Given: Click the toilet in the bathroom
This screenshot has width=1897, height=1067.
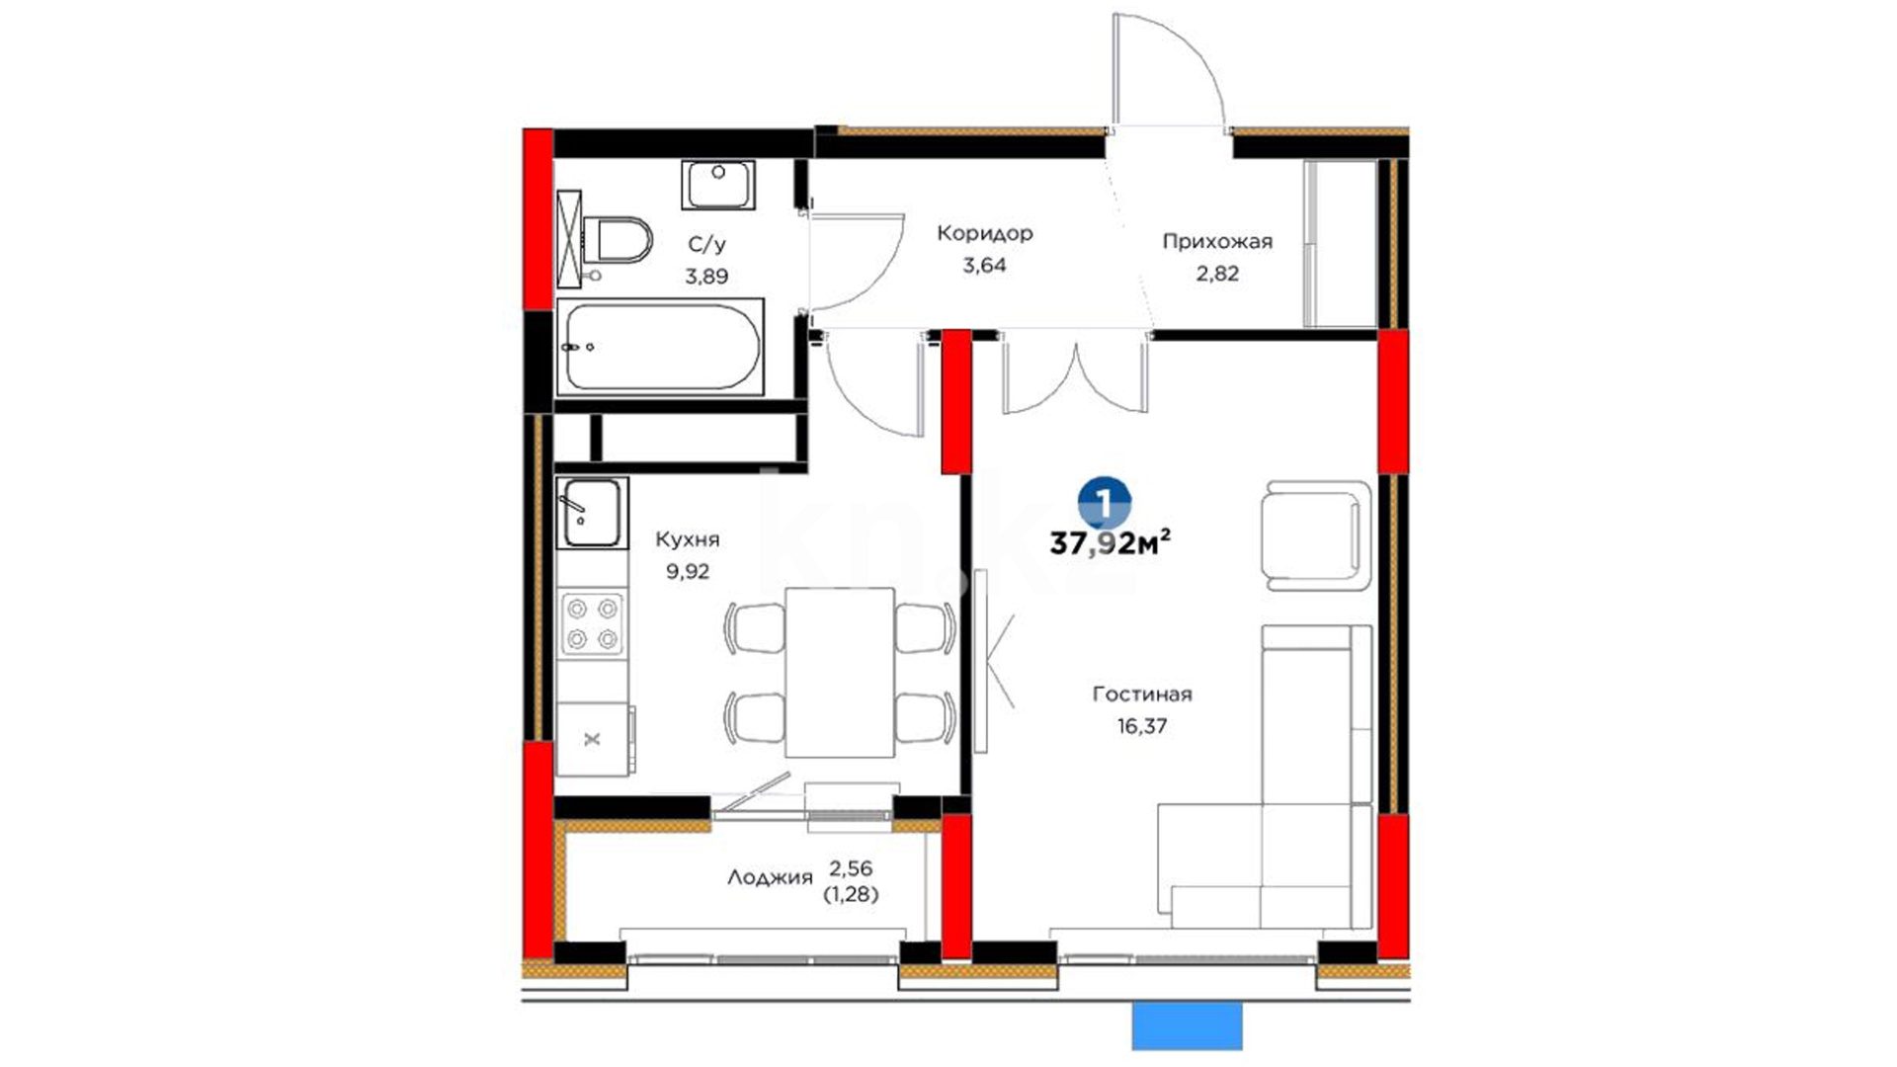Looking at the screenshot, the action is pyautogui.click(x=618, y=240).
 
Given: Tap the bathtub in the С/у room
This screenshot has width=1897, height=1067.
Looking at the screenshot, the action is pyautogui.click(x=660, y=347).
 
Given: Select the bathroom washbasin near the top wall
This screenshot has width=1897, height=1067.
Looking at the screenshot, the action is pyautogui.click(x=718, y=185).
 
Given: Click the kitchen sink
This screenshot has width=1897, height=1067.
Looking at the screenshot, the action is pyautogui.click(x=592, y=513).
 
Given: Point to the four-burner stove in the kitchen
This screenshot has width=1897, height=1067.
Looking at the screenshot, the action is pyautogui.click(x=592, y=623).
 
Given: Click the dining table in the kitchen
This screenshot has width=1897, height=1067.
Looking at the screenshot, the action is pyautogui.click(x=840, y=672).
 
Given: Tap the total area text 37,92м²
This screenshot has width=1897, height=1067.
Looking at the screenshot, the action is pyautogui.click(x=1111, y=542).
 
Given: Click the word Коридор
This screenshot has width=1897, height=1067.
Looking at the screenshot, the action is pyautogui.click(x=985, y=233).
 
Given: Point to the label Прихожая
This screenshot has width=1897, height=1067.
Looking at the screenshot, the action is pyautogui.click(x=1217, y=241).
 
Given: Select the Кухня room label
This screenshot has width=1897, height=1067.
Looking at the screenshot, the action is pyautogui.click(x=688, y=539).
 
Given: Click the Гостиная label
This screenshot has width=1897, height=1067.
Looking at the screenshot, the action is pyautogui.click(x=1142, y=694).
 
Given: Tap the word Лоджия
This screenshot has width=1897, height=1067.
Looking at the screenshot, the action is pyautogui.click(x=770, y=877).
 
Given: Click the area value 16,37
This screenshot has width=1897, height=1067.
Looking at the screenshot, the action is pyautogui.click(x=1142, y=726).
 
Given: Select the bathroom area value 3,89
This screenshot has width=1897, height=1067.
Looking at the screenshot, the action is pyautogui.click(x=706, y=277).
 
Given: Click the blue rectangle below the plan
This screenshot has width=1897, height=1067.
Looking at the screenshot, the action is pyautogui.click(x=1187, y=1026).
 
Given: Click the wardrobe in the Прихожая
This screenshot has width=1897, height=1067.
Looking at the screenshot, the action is pyautogui.click(x=1340, y=243).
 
